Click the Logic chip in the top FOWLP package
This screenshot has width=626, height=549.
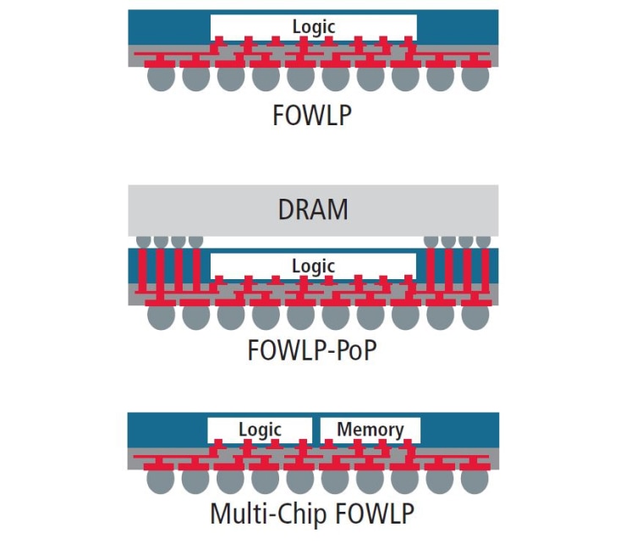click(x=313, y=27)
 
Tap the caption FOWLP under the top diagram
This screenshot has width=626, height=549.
click(x=312, y=115)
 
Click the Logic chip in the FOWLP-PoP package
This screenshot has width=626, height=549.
click(x=313, y=266)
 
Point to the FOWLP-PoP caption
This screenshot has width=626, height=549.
click(x=312, y=349)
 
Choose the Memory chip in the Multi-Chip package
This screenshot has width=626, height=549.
click(x=370, y=430)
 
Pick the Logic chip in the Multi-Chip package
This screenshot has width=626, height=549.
click(x=259, y=430)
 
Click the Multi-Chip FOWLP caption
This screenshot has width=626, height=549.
click(x=312, y=513)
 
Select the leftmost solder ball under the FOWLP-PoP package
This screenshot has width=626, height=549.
click(x=160, y=316)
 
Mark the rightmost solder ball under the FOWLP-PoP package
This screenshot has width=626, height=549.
click(x=476, y=316)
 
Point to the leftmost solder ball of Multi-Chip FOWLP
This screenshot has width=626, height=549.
click(x=160, y=480)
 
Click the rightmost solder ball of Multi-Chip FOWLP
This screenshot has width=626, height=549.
click(x=476, y=480)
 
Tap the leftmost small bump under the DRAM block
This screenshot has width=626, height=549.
click(x=143, y=241)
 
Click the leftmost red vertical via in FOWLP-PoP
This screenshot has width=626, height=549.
click(x=143, y=271)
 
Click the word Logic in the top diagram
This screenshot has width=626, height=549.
click(x=313, y=27)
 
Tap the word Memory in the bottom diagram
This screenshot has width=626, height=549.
click(x=370, y=430)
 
